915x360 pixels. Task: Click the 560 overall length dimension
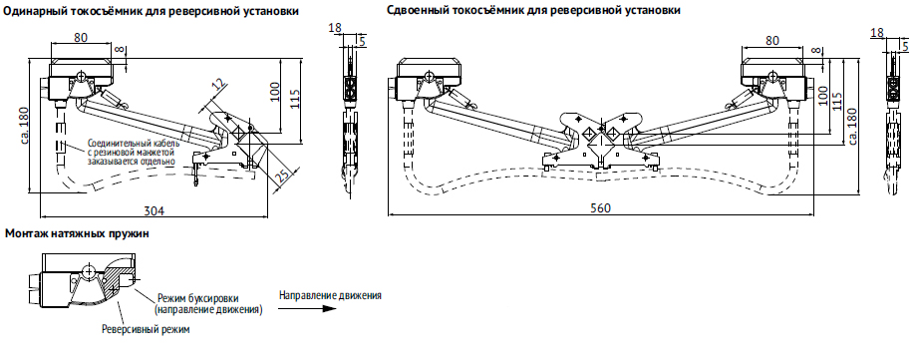[600, 208]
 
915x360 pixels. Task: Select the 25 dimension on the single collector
[283, 175]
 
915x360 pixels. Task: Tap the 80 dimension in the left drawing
[81, 37]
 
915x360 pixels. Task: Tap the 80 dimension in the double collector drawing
[772, 41]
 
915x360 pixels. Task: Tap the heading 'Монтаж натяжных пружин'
[77, 234]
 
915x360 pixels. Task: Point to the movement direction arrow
[307, 308]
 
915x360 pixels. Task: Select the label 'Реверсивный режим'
[146, 329]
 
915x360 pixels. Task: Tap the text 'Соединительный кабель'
[134, 143]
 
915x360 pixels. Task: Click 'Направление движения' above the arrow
[330, 294]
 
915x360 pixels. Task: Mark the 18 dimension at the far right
[876, 33]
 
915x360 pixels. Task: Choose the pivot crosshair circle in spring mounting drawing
[88, 271]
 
